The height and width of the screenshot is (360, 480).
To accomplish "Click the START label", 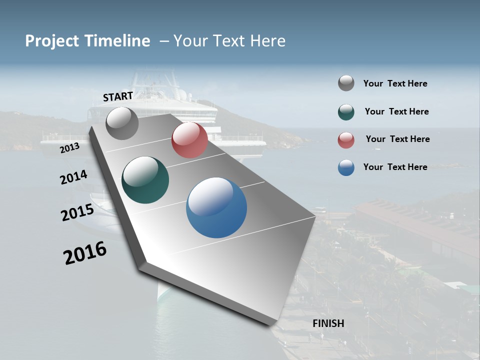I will [118, 96].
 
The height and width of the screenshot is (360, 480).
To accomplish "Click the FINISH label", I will [328, 323].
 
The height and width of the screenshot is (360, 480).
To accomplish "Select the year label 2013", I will [69, 148].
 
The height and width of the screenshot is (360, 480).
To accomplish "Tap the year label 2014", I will [73, 177].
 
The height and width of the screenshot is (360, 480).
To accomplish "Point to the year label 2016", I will [85, 253].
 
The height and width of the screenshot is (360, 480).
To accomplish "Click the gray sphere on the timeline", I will [122, 123].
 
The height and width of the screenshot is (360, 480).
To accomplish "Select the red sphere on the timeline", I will [189, 140].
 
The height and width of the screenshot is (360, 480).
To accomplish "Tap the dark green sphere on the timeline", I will [145, 180].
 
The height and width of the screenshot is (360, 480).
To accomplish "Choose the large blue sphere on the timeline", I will [216, 207].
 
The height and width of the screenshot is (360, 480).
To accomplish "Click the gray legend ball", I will [346, 83].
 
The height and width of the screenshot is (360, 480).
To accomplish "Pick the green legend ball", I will [346, 112].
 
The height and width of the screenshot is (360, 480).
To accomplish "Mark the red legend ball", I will [346, 140].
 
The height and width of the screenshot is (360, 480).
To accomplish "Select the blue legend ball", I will [346, 167].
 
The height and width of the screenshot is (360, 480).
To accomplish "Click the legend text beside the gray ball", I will [395, 83].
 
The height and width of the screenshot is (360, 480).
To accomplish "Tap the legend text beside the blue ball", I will [395, 167].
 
